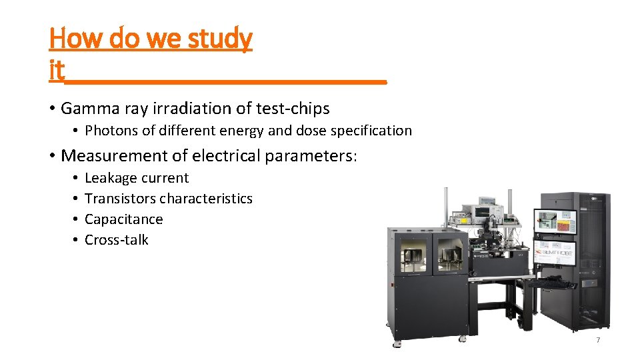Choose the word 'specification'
click(x=371, y=131)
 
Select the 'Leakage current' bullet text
click(x=137, y=178)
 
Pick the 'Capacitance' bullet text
click(x=123, y=219)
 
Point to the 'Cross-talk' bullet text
click(x=117, y=240)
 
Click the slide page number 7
click(x=598, y=340)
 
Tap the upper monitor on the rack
click(x=555, y=222)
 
